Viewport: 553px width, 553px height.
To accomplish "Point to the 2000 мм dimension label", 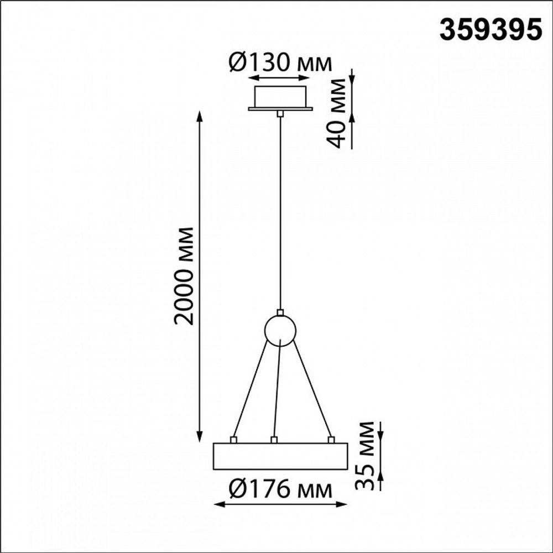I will pos(184,275).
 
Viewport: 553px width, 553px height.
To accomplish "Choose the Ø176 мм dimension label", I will pos(280,489).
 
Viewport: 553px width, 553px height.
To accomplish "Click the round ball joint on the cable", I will pos(280,330).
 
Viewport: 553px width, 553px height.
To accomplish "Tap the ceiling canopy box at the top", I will pos(280,97).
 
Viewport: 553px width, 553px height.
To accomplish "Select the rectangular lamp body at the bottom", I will pos(280,456).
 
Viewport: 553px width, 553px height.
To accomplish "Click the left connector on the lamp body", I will pos(233,440).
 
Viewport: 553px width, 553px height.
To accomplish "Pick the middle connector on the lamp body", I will pos(273,440).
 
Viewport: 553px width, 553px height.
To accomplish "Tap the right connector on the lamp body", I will pos(331,440).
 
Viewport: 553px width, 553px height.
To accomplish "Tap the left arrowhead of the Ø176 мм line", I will pos(217,504).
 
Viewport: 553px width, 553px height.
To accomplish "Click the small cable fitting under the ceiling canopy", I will pos(280,113).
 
